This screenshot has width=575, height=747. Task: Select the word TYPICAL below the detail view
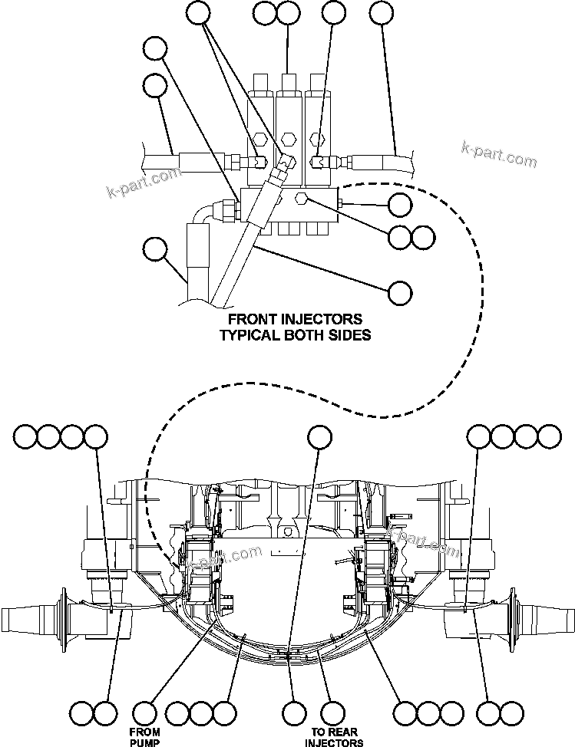[249, 335]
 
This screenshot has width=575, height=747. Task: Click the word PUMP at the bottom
[145, 742]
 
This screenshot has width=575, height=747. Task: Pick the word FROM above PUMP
[145, 732]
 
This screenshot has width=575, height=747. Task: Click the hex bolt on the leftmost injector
[259, 139]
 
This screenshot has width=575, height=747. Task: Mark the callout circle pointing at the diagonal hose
[400, 292]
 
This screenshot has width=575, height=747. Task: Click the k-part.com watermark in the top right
[499, 154]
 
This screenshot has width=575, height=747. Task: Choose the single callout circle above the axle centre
[319, 436]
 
